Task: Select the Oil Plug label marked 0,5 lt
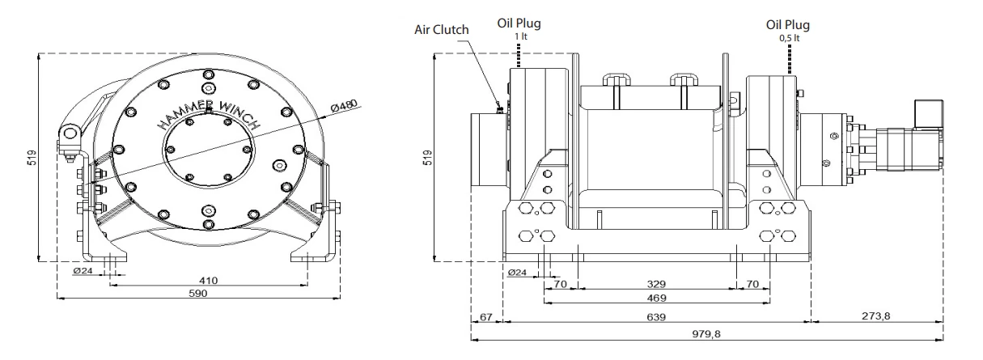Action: point(787,24)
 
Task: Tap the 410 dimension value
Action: point(208,280)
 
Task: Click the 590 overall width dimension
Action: point(198,293)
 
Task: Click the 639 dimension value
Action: point(656,317)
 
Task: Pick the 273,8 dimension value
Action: point(876,316)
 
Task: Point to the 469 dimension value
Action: point(656,298)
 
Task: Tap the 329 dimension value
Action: point(656,285)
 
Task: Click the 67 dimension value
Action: point(485,316)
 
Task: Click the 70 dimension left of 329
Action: point(559,285)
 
